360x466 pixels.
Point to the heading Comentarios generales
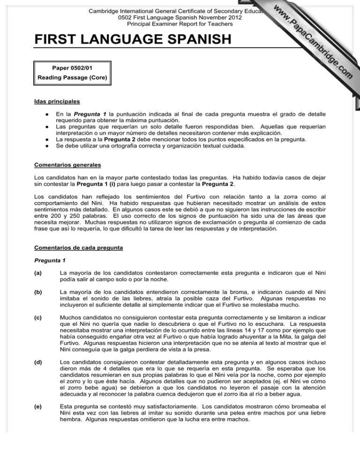[66, 165]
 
